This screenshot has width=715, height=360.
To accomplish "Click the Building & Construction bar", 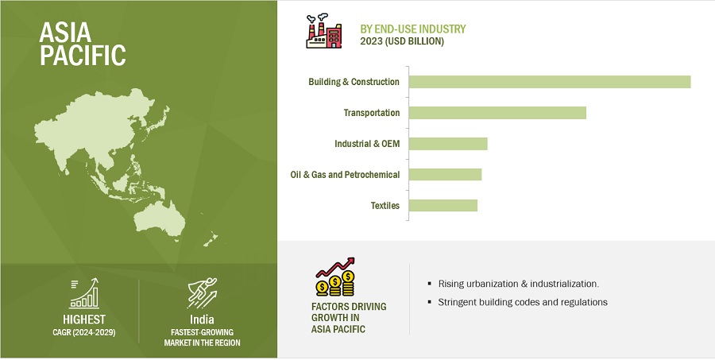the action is [550, 82].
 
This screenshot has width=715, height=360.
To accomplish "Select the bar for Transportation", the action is [497, 113].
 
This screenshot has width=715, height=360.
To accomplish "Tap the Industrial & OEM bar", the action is [448, 144].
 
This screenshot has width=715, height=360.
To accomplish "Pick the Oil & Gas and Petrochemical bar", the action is [445, 174].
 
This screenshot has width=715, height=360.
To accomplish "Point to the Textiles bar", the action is [443, 205].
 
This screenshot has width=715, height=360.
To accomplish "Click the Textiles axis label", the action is [385, 205].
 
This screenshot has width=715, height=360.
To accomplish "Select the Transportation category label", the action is [372, 113].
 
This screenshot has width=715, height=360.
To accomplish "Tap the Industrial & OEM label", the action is [367, 144].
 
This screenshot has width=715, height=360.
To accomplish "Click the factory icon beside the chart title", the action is [324, 32].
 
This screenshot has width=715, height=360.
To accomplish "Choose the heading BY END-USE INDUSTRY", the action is [413, 29].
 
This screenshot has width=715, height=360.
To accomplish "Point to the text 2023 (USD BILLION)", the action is [402, 41].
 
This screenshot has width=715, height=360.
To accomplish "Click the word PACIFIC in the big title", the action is [83, 55].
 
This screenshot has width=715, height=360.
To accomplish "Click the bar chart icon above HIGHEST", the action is [84, 293].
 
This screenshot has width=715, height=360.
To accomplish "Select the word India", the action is [202, 319].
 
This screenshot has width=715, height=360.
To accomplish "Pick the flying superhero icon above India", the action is [203, 293].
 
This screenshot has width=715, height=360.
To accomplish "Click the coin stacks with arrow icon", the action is [335, 277].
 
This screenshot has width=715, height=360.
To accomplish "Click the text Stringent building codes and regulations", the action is [523, 302].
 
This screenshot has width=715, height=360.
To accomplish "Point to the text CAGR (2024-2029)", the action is [84, 332].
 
